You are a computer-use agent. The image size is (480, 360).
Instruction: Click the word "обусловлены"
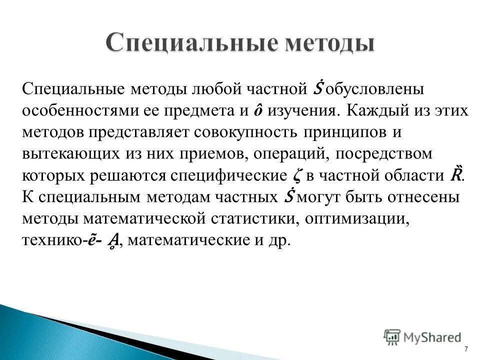[x=371, y=90]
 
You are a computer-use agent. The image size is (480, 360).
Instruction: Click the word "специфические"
[x=229, y=175]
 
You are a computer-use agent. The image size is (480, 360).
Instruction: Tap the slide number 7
[x=466, y=349]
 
